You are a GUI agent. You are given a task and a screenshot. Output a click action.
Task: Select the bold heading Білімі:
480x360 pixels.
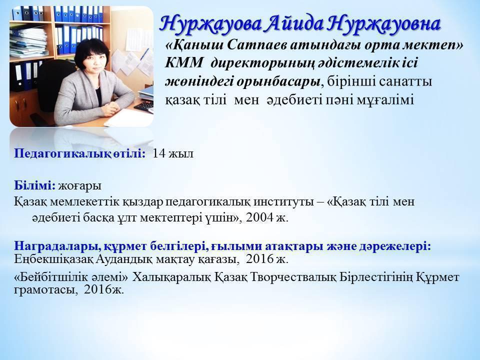click(x=34, y=185)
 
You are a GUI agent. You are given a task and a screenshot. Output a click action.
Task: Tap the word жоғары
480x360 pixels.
click(x=79, y=186)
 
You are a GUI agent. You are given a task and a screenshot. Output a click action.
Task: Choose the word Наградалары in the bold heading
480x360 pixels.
click(x=57, y=246)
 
